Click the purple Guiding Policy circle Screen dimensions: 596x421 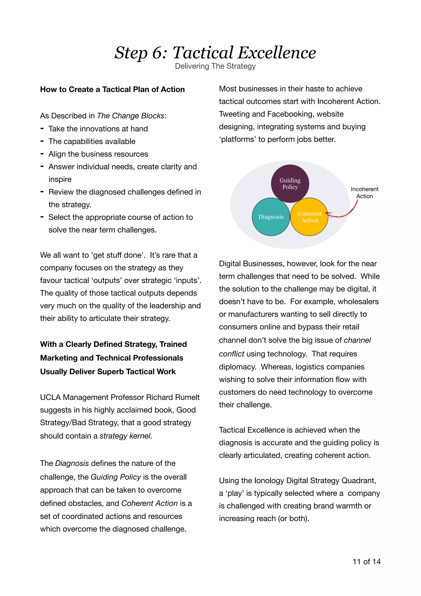pos(290,184)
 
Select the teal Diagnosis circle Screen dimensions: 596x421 pos(271,217)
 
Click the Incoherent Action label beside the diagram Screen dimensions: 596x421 pos(364,193)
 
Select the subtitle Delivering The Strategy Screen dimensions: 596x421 pos(215,66)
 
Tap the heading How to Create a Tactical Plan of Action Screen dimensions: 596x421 pos(112,89)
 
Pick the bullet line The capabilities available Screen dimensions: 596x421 pos(92,141)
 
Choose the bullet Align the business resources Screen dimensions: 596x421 pos(98,154)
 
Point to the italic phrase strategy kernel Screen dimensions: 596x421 pos(126,436)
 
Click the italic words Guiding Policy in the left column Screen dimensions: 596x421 pos(116,477)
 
